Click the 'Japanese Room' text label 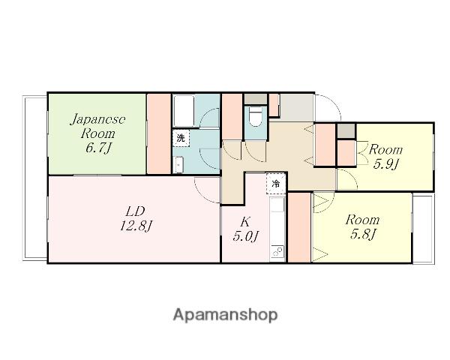(x=97, y=127)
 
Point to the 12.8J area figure (x=135, y=224)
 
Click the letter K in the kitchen (x=244, y=221)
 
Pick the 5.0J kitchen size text (x=244, y=236)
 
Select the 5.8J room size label (x=361, y=235)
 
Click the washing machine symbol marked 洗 (x=181, y=138)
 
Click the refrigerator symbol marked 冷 (x=276, y=182)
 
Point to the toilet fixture (x=254, y=118)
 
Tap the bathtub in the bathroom (x=185, y=111)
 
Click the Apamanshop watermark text (x=225, y=314)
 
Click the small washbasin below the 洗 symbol (x=178, y=164)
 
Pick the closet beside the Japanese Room (x=158, y=133)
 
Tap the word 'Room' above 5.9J (x=385, y=149)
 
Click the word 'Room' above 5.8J (x=361, y=220)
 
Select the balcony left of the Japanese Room (x=34, y=177)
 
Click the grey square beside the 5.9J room (x=346, y=130)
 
